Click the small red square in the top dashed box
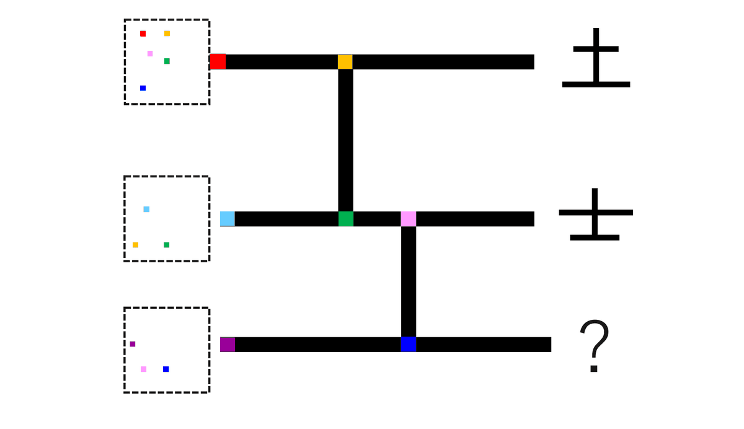click(143, 33)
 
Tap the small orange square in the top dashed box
click(167, 33)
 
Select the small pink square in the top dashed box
click(150, 53)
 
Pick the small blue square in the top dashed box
click(143, 88)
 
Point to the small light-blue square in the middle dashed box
click(146, 210)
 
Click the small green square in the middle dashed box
click(166, 245)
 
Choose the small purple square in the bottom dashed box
click(133, 344)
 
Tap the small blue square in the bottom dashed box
click(166, 369)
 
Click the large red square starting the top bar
click(218, 61)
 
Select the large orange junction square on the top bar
click(345, 62)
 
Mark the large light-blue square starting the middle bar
click(228, 219)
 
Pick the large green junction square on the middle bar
click(346, 219)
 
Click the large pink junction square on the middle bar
click(409, 219)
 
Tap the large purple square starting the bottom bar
click(228, 345)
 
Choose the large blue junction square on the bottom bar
click(409, 345)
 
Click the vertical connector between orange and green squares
click(346, 140)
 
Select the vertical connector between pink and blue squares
click(409, 281)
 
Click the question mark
click(594, 346)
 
